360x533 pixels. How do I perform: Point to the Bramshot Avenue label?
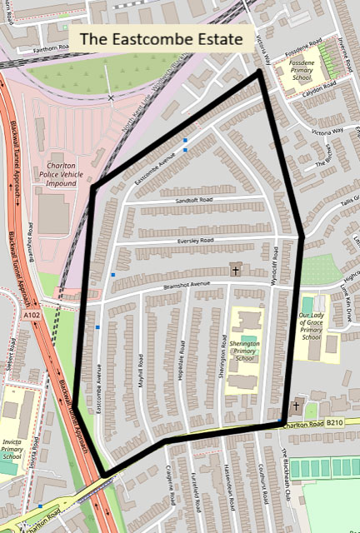tap(188, 284)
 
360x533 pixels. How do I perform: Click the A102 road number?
tap(32, 316)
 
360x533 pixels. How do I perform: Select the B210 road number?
tap(335, 423)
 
